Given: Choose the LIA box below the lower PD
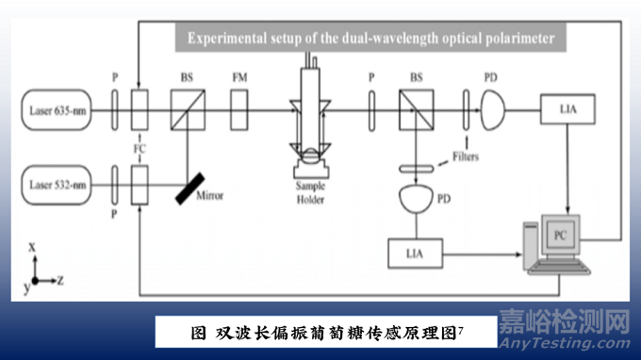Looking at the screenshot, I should pyautogui.click(x=415, y=253).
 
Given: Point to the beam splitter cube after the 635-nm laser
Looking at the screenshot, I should pyautogui.click(x=187, y=104).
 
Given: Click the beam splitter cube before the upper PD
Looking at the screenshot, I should pyautogui.click(x=415, y=104).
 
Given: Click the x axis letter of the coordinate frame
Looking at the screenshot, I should pyautogui.click(x=32, y=246).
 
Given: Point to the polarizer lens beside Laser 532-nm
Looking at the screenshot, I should pyautogui.click(x=113, y=179).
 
